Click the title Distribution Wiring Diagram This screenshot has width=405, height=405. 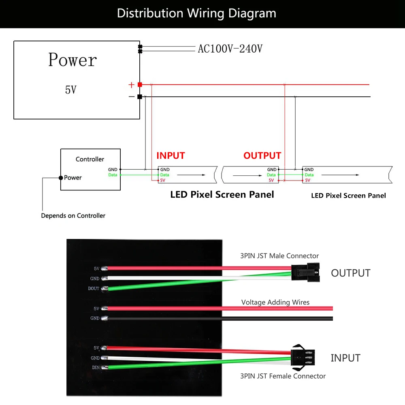196,13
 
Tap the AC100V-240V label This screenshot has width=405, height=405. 230,49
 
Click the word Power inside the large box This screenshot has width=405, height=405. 72,60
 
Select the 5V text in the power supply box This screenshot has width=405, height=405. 70,90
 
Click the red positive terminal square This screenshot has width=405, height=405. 140,85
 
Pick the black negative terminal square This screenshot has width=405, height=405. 140,97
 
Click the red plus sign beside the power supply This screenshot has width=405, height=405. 131,85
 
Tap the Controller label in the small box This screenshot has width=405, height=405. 90,159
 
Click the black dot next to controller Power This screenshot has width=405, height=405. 61,177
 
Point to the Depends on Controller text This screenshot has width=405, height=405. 73,215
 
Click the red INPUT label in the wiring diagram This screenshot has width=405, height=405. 171,156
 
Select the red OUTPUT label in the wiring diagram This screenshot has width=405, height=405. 262,156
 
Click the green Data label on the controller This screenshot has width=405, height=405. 113,175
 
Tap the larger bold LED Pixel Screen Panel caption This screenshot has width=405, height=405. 222,195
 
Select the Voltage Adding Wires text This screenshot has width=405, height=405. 275,302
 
